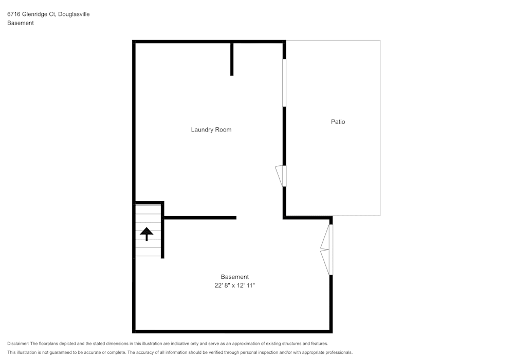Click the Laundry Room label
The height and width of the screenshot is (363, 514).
point(211,130)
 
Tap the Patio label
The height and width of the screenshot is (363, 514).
point(338,122)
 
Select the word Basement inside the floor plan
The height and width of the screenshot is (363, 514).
point(234,277)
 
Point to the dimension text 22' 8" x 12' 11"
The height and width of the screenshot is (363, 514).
point(234,285)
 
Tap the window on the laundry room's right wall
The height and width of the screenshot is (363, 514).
point(284,83)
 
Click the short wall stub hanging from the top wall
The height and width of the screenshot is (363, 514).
point(232,59)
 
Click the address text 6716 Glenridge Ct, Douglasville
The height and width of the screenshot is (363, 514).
point(48,14)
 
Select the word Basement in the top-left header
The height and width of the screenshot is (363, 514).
point(21,23)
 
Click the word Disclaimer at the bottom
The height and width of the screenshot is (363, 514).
point(18,343)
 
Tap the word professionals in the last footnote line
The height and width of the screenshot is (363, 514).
point(339,353)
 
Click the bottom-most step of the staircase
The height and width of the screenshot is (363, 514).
point(148,252)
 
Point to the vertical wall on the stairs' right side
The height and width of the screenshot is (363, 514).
point(162,231)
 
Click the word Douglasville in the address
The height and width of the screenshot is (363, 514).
point(73,14)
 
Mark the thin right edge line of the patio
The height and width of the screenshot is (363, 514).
point(380,128)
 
